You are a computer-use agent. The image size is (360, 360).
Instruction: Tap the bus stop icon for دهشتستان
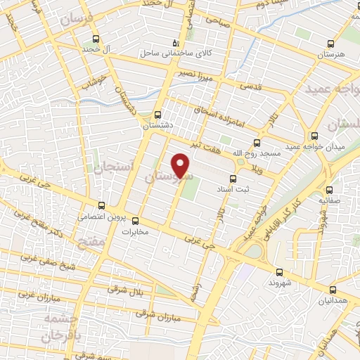[x=157, y=114]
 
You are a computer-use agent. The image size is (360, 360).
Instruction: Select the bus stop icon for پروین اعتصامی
[x=103, y=205]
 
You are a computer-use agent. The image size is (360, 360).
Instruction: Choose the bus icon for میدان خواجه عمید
[x=314, y=136]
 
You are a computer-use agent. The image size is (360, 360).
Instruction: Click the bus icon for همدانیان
[x=333, y=289]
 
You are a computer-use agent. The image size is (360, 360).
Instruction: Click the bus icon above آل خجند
[x=96, y=40]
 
